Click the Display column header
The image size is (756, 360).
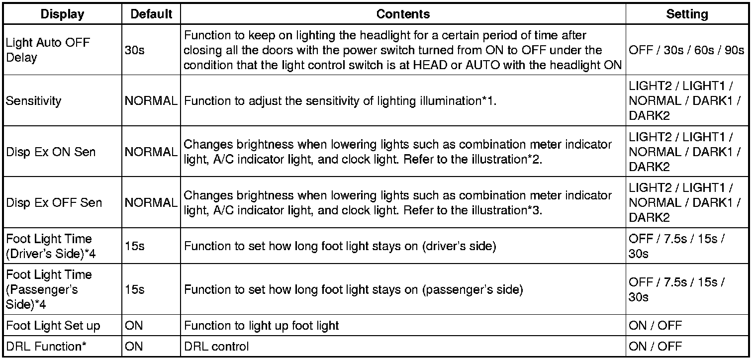[x=63, y=14]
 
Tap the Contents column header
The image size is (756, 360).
[x=403, y=14]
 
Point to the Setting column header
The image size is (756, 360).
[x=687, y=14]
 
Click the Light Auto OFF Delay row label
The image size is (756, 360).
[x=48, y=50]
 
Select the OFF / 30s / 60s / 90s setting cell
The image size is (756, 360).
[x=686, y=50]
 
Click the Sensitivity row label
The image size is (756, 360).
[x=33, y=101]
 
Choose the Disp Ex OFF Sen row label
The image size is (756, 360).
[x=54, y=202]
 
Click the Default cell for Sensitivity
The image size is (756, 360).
[x=151, y=101]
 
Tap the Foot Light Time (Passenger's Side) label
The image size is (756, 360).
[x=49, y=289]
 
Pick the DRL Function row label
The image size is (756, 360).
[x=44, y=346]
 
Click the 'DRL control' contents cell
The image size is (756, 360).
[x=216, y=346]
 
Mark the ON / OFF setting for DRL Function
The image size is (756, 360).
[x=655, y=346]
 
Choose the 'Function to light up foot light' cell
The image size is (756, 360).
[x=261, y=326]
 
